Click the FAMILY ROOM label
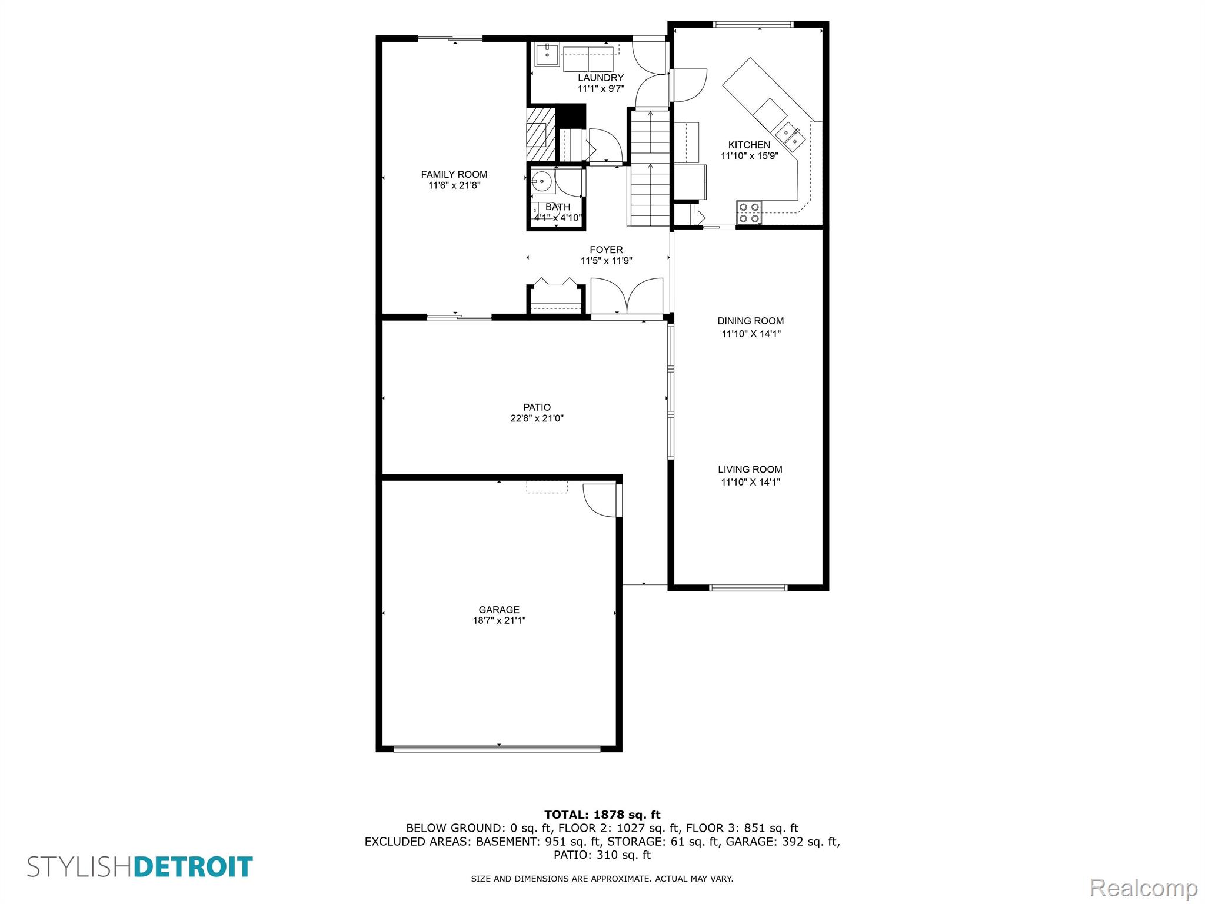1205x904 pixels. point(454,174)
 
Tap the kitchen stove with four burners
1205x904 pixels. point(749,212)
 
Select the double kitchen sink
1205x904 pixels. point(790,137)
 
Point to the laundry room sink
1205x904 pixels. point(547,55)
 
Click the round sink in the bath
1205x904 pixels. point(542,181)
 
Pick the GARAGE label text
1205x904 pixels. point(499,610)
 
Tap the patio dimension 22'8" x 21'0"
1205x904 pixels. point(537,418)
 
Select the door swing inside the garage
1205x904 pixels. point(600,501)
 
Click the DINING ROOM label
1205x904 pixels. point(750,321)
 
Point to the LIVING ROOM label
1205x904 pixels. point(750,469)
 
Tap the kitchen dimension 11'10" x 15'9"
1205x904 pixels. point(750,156)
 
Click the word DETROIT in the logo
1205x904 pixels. point(194,867)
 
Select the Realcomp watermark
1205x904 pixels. point(1143,888)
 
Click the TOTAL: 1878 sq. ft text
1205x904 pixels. point(602,815)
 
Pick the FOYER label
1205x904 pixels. point(606,250)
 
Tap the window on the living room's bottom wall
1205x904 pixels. point(748,587)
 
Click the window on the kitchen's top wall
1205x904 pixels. point(753,25)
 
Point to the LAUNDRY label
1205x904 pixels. point(601,78)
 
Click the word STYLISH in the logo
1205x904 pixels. point(81,867)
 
